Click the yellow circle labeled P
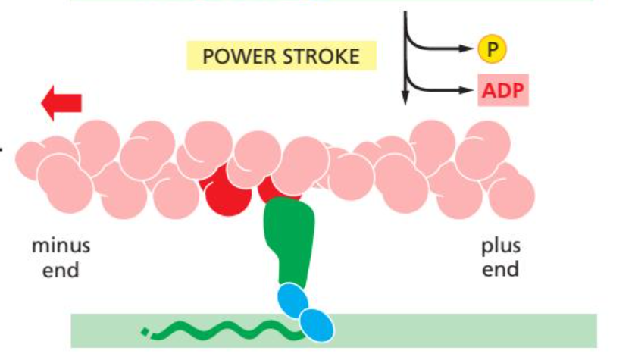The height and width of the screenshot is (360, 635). point(492,50)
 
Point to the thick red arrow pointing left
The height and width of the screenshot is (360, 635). point(61,103)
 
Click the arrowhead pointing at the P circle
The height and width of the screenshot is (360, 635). point(468,50)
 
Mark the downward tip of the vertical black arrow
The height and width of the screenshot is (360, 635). point(405,101)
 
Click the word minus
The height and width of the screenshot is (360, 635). point(61,247)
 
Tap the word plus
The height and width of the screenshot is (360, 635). point(500,247)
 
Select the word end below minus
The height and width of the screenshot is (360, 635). point(61,270)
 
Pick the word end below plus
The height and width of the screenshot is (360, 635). point(500,270)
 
